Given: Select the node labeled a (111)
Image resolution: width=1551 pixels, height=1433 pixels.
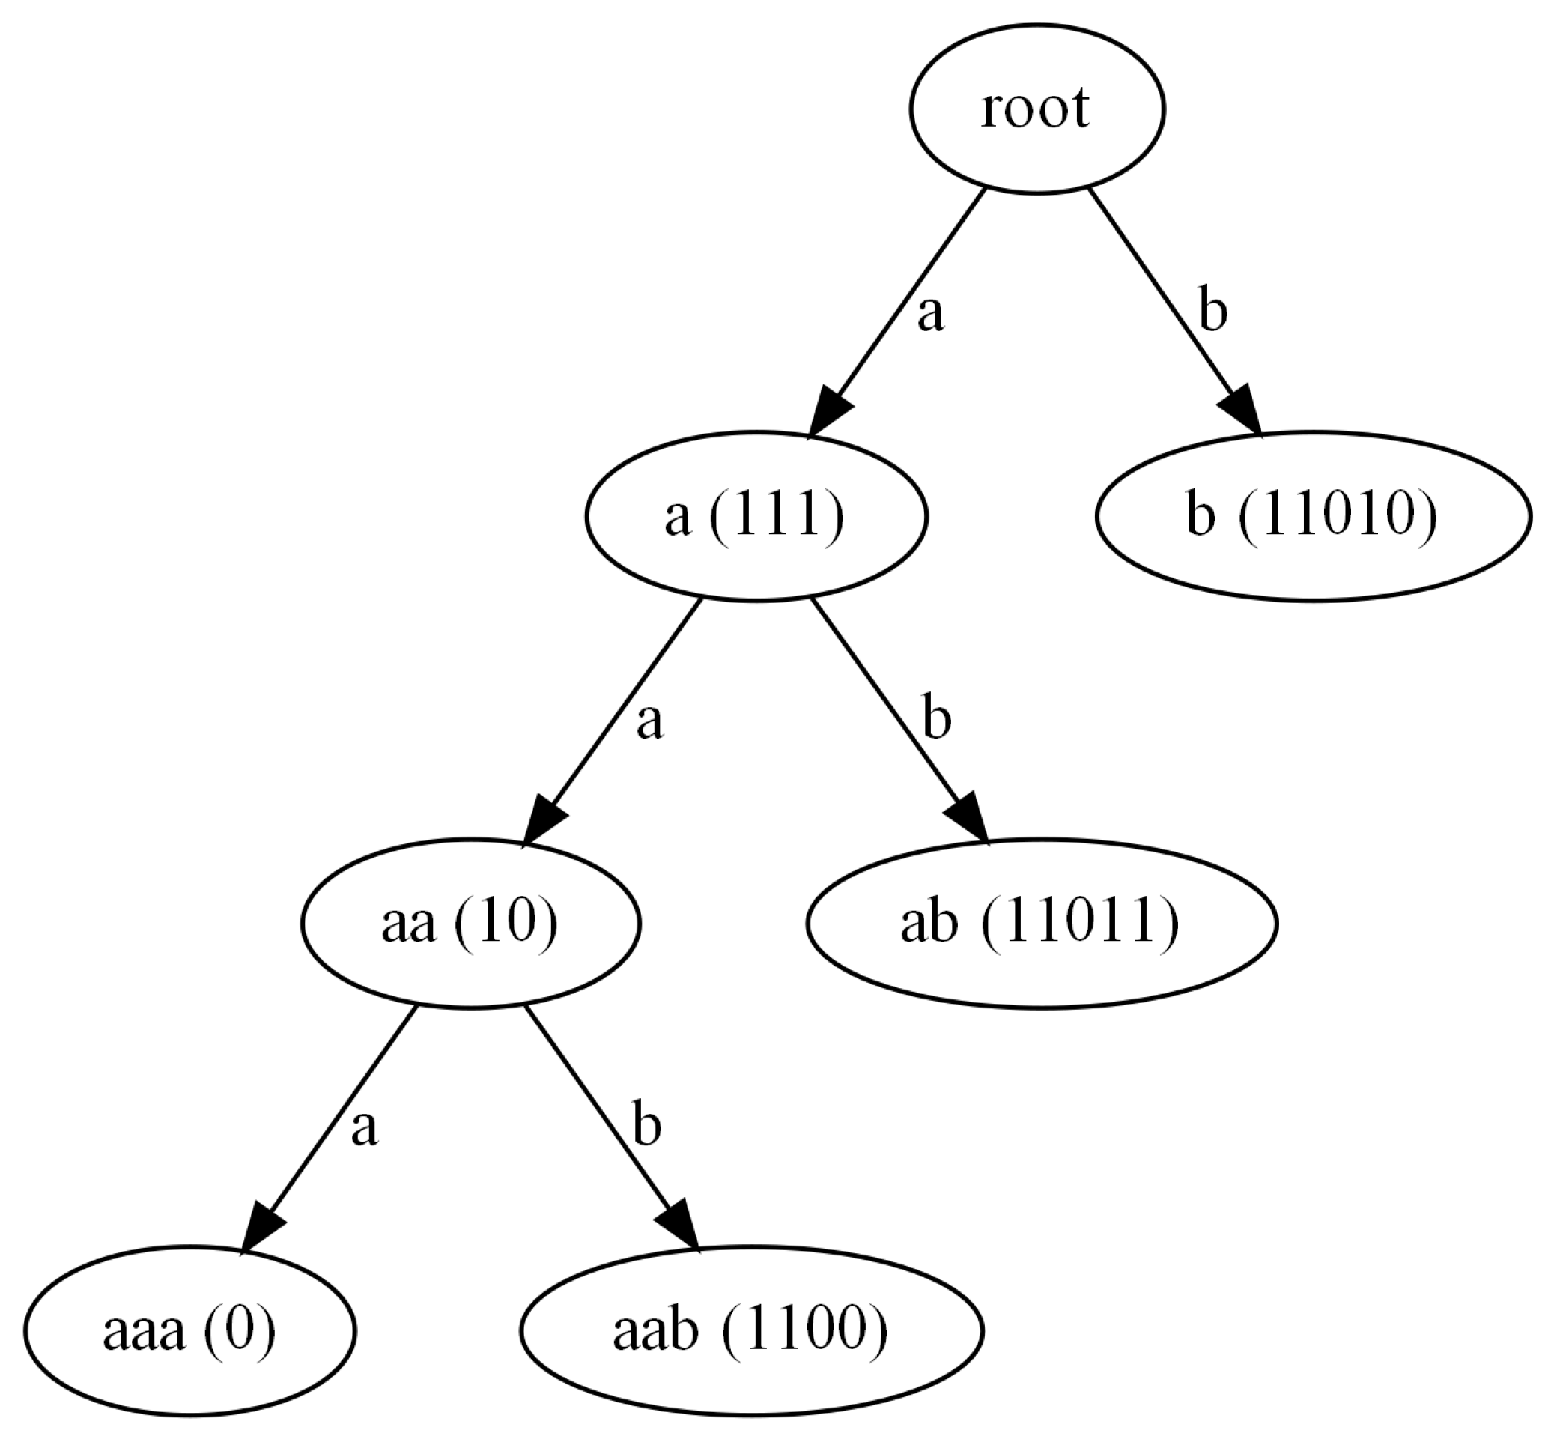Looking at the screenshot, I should (x=755, y=516).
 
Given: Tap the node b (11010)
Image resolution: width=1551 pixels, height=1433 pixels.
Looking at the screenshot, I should (x=1311, y=516).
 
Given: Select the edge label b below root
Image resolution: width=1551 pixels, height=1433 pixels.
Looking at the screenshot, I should (x=1212, y=310).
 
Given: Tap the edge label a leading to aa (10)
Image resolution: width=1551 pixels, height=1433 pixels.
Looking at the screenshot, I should (x=649, y=722).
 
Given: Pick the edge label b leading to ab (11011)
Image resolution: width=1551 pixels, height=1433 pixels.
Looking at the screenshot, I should (x=935, y=718).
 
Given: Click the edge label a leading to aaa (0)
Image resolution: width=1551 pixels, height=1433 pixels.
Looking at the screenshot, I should (x=363, y=1128).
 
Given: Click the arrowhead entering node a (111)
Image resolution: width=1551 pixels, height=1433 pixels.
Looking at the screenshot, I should (x=828, y=414).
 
